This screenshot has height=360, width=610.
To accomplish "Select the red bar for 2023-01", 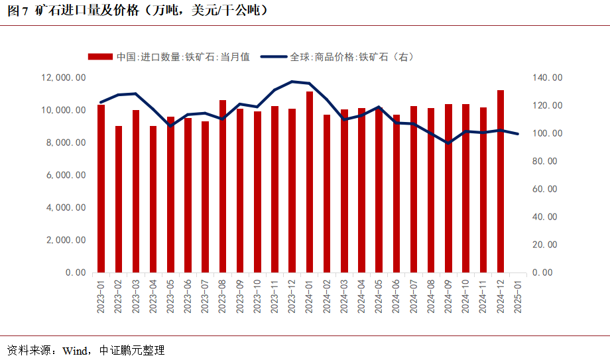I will pyautogui.click(x=101, y=188).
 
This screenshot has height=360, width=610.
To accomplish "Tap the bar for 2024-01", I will pyautogui.click(x=310, y=182).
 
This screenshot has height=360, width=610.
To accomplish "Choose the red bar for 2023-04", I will pyautogui.click(x=153, y=199).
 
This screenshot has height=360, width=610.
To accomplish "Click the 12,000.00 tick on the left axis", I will pyautogui.click(x=64, y=78).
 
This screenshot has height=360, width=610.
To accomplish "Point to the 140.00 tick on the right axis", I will pyautogui.click(x=548, y=78).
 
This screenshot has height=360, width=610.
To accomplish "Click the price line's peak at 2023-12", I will pyautogui.click(x=292, y=82).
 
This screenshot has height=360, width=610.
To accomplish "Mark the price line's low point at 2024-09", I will pyautogui.click(x=448, y=143).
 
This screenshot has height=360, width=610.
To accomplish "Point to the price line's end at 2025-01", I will pyautogui.click(x=518, y=134).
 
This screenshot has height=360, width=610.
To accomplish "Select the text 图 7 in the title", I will pyautogui.click(x=17, y=11).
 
